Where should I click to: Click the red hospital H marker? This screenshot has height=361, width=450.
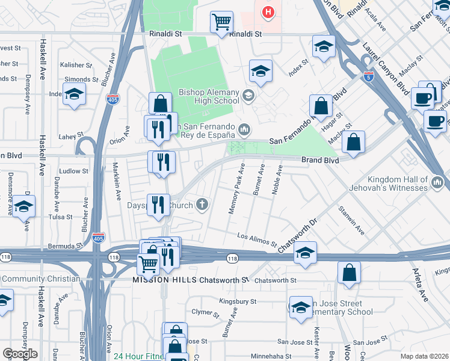click(268, 11)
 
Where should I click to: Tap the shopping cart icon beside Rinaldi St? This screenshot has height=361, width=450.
click(221, 22)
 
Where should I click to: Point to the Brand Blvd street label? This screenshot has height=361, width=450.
click(319, 161)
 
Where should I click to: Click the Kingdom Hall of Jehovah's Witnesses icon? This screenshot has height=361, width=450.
click(437, 180)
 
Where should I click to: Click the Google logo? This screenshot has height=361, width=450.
click(20, 354)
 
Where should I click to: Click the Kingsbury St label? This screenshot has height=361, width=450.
click(238, 301)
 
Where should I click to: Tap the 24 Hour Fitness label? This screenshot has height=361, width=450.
click(139, 356)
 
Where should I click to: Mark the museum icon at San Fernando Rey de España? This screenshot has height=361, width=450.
click(244, 129)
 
